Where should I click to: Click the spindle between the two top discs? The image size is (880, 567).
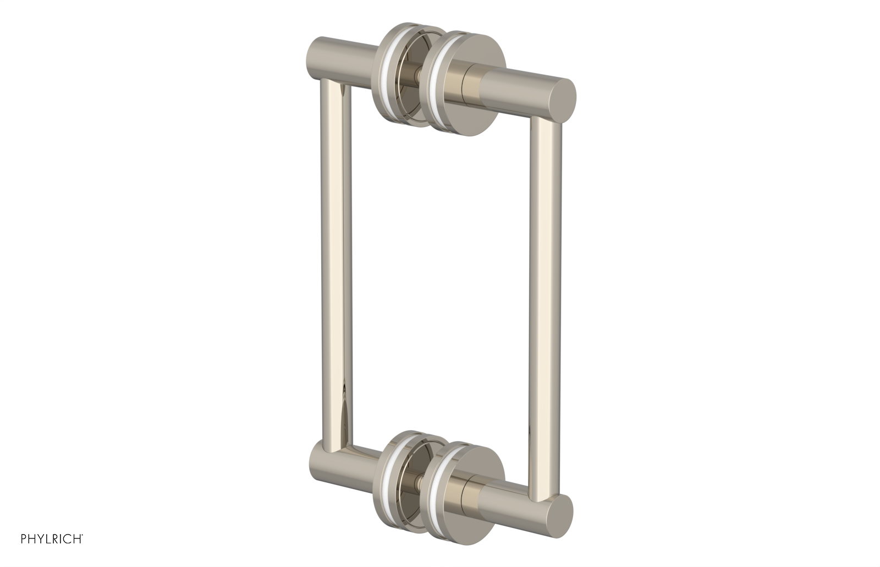coord(421,72)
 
